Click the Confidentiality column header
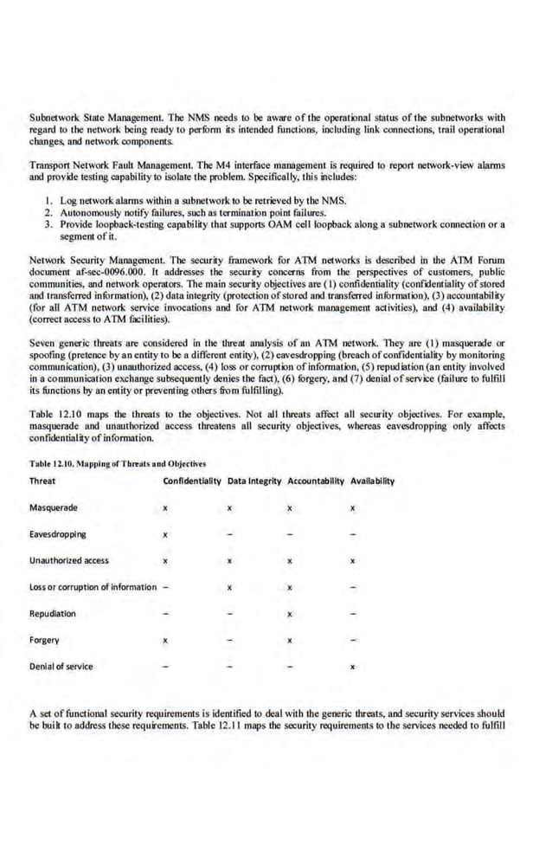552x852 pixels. pos(191,481)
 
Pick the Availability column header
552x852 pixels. pos(372,481)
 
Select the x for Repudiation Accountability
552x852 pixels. pos(291,615)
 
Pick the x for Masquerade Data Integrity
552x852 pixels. pos(228,508)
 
